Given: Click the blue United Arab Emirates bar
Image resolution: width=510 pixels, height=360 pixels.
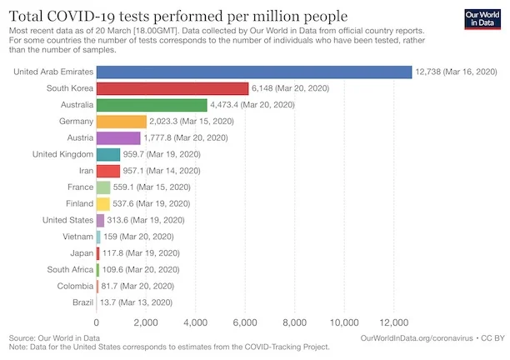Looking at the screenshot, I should point(254,72).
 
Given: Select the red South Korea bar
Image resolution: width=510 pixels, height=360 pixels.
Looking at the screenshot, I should point(172,88).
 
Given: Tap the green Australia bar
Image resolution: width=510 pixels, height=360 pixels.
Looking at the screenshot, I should point(152,105).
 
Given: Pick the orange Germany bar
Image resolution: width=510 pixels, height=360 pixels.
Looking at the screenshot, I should point(122,122).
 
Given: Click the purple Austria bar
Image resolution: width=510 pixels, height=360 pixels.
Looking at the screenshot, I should point(118,137).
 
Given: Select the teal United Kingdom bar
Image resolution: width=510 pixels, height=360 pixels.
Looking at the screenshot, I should point(108,154).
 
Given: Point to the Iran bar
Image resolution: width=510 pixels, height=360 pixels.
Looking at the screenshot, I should point(108,171).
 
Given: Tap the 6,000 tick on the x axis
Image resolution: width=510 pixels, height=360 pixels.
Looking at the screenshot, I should point(245,322).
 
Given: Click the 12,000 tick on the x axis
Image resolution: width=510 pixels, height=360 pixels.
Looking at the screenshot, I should point(393,322).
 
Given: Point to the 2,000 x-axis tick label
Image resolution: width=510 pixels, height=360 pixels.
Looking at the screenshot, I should point(146,322).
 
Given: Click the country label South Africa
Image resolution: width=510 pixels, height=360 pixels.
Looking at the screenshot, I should point(70,269).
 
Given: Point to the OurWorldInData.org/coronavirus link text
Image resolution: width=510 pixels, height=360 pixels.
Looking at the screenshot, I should point(416,337).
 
